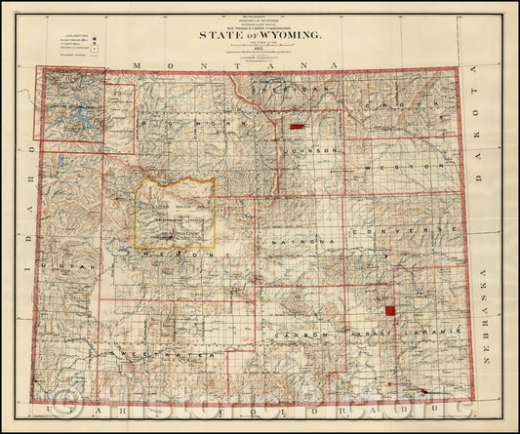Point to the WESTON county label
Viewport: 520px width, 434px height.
tap(389, 167)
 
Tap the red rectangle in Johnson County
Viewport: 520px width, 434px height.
tap(298, 127)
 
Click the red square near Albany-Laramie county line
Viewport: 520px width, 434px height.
tap(389, 311)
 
